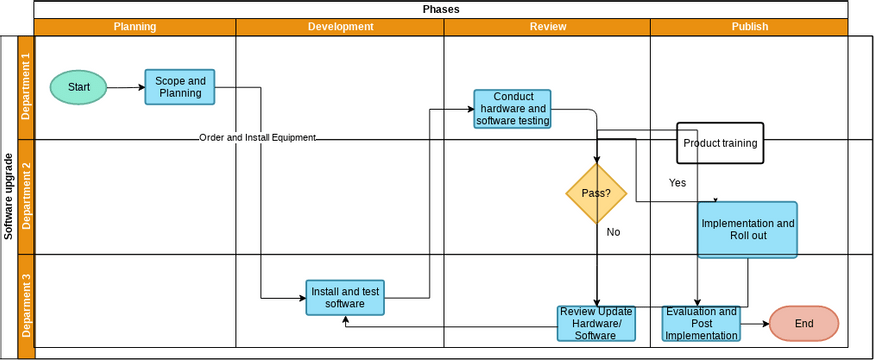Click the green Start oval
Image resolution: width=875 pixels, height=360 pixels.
point(79,87)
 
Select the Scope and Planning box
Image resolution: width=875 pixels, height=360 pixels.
point(180,87)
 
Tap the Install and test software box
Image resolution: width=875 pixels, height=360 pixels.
point(345,297)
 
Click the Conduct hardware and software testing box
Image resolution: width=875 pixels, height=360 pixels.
point(513,109)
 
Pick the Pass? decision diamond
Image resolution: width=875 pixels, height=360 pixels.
point(596,192)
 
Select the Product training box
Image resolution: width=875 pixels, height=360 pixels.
point(720,143)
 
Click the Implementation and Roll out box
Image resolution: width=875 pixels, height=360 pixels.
point(748,230)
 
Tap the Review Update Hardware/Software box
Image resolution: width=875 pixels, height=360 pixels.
point(597,324)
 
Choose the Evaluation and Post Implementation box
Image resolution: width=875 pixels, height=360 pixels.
point(701,324)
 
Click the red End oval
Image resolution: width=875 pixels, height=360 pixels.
point(804,324)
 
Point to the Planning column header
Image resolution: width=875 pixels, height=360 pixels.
point(135,27)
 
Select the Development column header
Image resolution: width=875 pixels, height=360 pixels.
point(340,27)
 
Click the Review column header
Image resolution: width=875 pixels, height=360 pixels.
point(547,27)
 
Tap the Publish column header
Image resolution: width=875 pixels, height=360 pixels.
point(749,27)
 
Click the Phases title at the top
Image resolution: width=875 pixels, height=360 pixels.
point(441,9)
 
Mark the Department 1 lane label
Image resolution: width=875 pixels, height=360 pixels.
point(26,87)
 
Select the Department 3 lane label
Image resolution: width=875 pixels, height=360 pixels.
point(26,305)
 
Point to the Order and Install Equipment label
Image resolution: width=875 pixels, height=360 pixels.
point(257,138)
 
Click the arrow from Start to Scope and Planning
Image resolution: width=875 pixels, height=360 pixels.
point(126,87)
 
